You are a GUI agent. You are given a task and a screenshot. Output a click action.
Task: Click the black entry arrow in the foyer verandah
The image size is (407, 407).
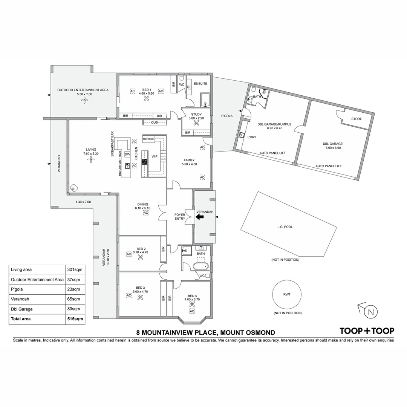(200, 217)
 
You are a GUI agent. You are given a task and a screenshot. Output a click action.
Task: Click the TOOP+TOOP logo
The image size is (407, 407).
(367, 331)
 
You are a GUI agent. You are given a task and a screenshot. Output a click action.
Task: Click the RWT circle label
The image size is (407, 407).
(287, 295)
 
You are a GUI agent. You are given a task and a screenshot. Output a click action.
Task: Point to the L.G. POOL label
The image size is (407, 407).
(285, 227)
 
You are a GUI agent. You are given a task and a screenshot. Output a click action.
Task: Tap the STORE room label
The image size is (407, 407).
(356, 119)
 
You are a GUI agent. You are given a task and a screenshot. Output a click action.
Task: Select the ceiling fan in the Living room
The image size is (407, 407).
(90, 159)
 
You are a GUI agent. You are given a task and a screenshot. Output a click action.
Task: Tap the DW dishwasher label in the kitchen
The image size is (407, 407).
(127, 155)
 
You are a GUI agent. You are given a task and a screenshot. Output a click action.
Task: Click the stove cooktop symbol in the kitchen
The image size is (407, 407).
(144, 162)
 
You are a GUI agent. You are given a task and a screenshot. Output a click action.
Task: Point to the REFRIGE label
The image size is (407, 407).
(148, 139)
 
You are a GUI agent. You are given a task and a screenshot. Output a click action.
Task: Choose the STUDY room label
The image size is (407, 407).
(196, 114)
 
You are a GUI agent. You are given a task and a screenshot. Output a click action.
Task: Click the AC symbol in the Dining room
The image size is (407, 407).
(146, 213)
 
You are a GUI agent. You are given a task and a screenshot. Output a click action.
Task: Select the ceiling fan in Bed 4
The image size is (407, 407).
(192, 304)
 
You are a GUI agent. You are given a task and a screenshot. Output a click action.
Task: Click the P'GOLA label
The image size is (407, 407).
(226, 116)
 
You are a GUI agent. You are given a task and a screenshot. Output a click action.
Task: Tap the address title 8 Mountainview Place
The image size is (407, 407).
(205, 332)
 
